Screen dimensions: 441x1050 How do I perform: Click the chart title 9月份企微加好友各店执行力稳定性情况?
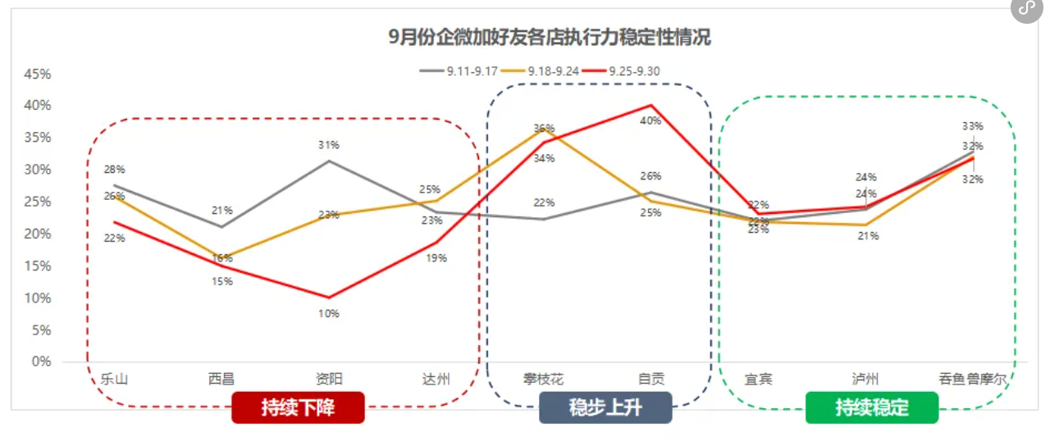(x=549, y=37)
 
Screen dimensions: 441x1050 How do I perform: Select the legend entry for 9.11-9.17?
(x=459, y=70)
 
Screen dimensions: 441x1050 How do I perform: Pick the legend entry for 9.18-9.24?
(x=541, y=70)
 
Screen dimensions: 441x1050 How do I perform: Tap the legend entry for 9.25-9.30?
(x=623, y=70)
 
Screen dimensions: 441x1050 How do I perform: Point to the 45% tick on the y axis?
(x=38, y=74)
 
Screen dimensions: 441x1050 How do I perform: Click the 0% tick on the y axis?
(x=42, y=361)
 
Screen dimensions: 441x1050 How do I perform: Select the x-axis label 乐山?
(x=114, y=379)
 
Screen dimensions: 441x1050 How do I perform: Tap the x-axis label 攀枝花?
(x=544, y=379)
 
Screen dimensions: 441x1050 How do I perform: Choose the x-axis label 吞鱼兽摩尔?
(x=973, y=379)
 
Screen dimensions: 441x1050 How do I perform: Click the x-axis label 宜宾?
(x=759, y=379)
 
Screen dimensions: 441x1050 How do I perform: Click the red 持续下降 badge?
(x=298, y=407)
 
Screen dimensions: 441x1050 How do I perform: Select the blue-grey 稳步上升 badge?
(x=605, y=407)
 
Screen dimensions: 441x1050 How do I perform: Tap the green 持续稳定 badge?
(x=872, y=407)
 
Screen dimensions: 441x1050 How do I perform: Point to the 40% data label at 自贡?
(x=651, y=120)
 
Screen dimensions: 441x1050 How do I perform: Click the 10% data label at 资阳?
(x=329, y=313)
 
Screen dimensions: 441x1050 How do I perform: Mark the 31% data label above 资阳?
(x=329, y=145)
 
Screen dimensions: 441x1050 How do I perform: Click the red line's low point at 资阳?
(x=329, y=298)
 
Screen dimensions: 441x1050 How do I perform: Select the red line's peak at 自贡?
(x=651, y=105)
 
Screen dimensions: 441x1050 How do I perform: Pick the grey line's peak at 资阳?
(x=329, y=161)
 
